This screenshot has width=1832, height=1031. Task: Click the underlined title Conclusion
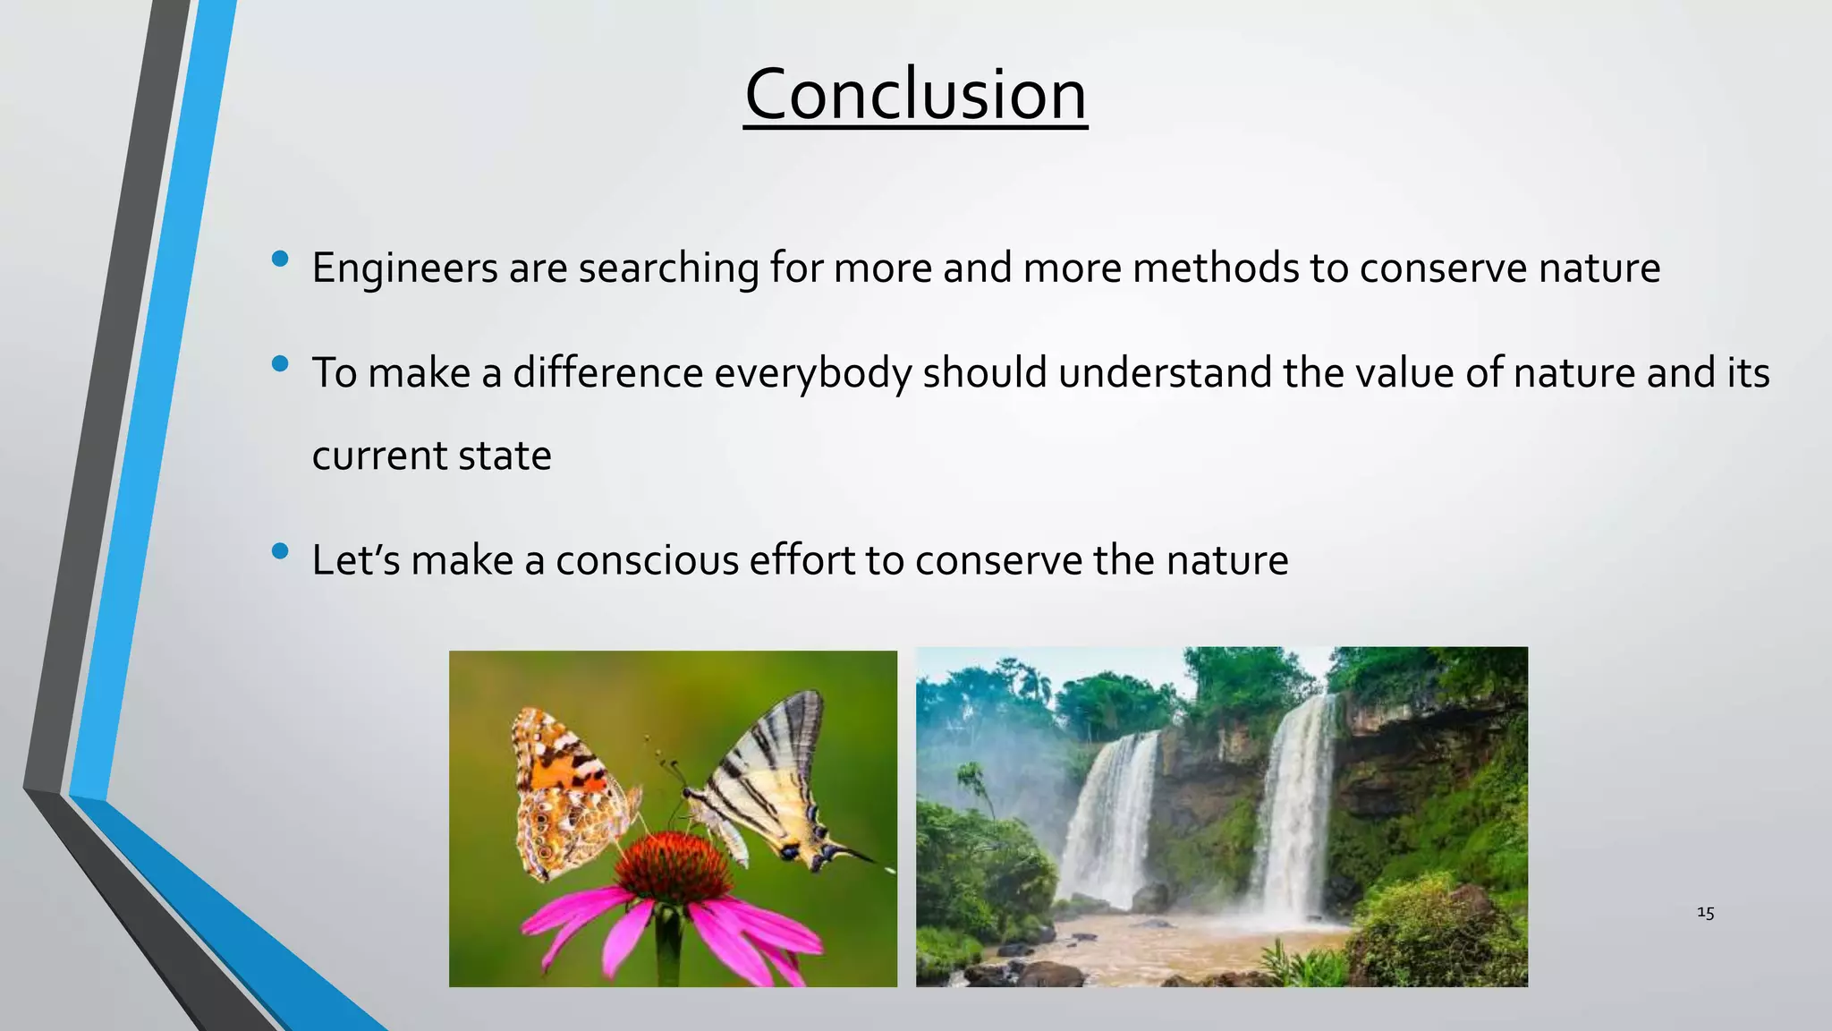pyautogui.click(x=915, y=95)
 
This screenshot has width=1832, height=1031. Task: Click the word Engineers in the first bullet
pyautogui.click(x=404, y=268)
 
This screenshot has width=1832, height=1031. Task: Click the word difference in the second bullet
pyautogui.click(x=607, y=372)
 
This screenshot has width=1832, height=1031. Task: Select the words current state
pyautogui.click(x=431, y=456)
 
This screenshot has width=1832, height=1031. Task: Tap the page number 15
pyautogui.click(x=1705, y=913)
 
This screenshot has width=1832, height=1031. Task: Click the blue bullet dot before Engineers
pyautogui.click(x=280, y=259)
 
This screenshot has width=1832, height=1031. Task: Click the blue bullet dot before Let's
pyautogui.click(x=280, y=551)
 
